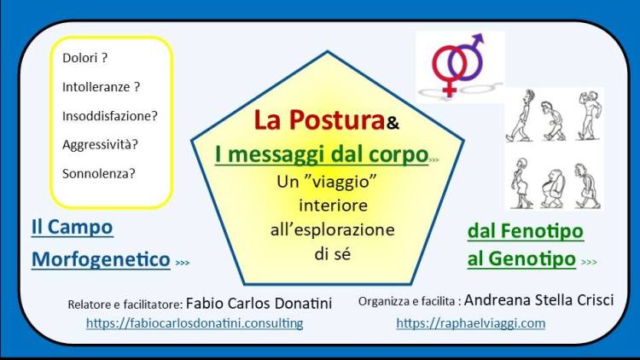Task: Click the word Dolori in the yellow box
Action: tap(79, 58)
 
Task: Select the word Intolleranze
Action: tap(96, 87)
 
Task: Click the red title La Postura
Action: tap(320, 120)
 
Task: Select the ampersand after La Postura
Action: tap(393, 123)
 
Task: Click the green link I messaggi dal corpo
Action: tap(322, 154)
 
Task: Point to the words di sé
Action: tap(333, 254)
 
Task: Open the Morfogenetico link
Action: tap(101, 259)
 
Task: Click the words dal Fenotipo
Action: tap(526, 231)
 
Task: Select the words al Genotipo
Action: tap(521, 258)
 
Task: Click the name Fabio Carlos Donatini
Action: tap(259, 303)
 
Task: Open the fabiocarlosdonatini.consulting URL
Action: tap(195, 323)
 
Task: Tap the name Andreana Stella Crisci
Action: tap(538, 300)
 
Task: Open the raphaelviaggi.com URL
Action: tap(470, 323)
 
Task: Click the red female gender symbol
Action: tap(449, 70)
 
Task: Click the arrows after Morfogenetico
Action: tap(183, 263)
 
